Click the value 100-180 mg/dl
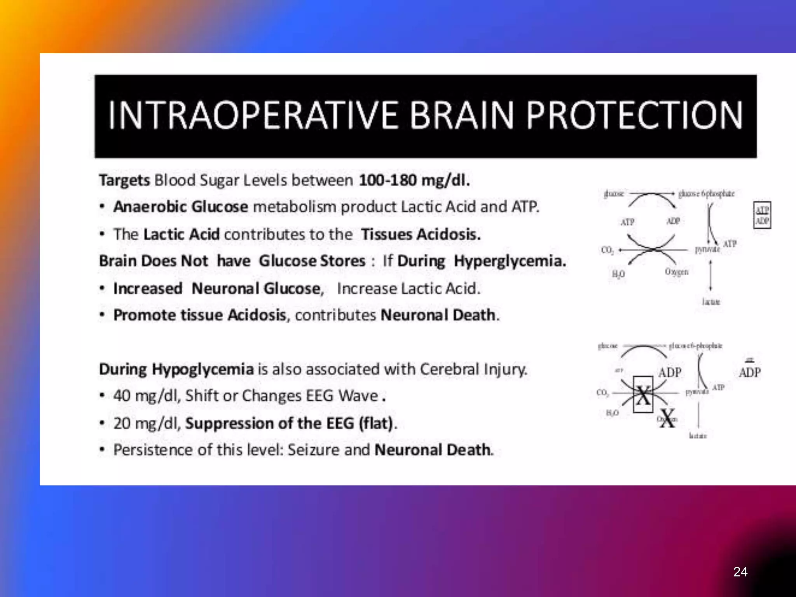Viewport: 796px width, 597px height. [414, 180]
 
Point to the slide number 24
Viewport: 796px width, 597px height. [740, 572]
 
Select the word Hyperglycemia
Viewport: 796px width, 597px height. [510, 261]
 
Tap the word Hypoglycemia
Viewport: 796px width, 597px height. [202, 369]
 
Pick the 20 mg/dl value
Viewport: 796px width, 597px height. [147, 423]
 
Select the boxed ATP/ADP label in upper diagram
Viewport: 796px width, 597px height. [762, 215]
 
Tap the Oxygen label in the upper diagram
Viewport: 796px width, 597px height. [676, 272]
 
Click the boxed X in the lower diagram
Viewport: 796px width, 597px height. [643, 395]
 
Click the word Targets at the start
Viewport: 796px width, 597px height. [124, 180]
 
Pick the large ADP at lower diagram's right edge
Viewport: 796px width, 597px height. [750, 372]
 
